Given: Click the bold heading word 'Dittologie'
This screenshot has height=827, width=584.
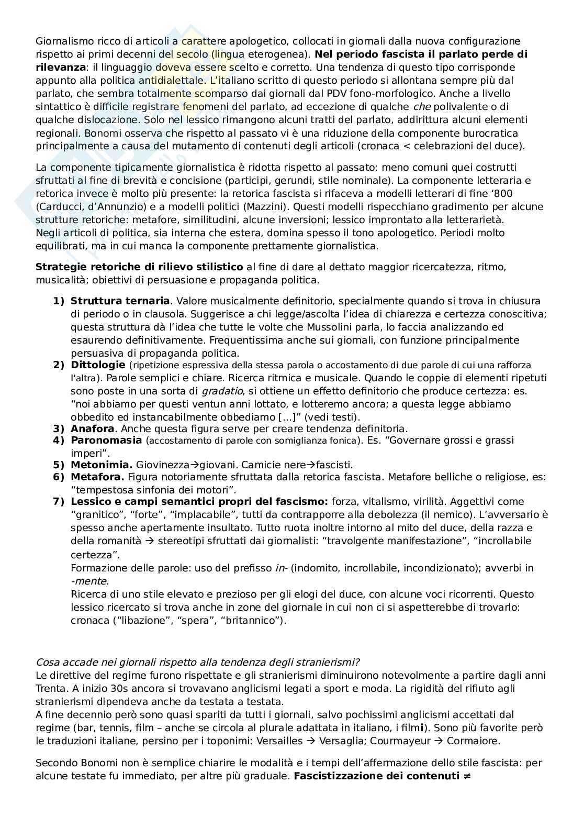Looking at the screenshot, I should coord(97,365).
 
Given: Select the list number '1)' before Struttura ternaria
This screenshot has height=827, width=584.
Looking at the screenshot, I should coord(58,301).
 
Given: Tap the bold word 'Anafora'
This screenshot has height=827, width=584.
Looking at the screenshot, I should coord(92,428).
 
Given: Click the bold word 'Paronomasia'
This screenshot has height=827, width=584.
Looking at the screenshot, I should coord(106,440).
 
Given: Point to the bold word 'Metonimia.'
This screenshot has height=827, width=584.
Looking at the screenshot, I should coord(102,465).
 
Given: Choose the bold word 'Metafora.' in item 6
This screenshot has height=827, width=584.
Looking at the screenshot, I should coord(97,477).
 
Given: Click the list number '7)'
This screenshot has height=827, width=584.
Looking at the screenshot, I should coord(58,502).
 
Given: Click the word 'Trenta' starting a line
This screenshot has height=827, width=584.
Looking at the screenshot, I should coord(51,688).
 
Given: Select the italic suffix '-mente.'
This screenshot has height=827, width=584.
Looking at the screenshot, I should coord(89,581).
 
